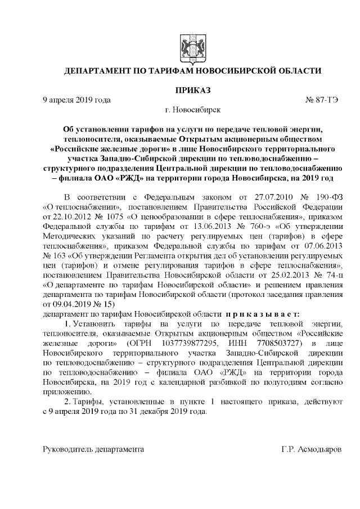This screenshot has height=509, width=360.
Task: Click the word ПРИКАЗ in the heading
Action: pos(192,89)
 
